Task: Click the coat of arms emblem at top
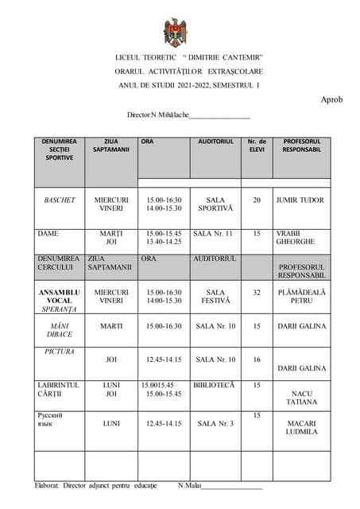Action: click(x=175, y=32)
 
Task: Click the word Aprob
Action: click(x=331, y=99)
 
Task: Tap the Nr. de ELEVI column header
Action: click(x=257, y=146)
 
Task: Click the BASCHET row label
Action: click(x=60, y=200)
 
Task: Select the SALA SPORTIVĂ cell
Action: click(x=215, y=204)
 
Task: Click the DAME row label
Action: click(x=49, y=233)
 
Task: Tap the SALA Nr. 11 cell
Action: click(x=213, y=233)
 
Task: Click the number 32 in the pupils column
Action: click(x=257, y=293)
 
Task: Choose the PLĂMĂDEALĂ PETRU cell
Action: click(x=301, y=297)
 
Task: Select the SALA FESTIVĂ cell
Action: click(x=215, y=297)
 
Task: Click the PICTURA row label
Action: click(x=60, y=350)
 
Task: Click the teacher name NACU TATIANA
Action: click(x=301, y=398)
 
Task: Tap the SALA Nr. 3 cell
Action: click(x=215, y=424)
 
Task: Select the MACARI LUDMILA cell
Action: click(x=301, y=428)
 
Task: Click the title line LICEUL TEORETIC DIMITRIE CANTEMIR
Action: click(x=189, y=58)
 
